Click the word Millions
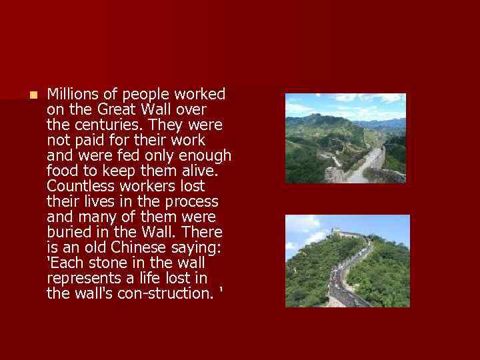click(x=73, y=94)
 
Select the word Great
click(x=117, y=109)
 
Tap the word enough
click(x=207, y=155)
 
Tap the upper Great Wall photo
click(x=345, y=138)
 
